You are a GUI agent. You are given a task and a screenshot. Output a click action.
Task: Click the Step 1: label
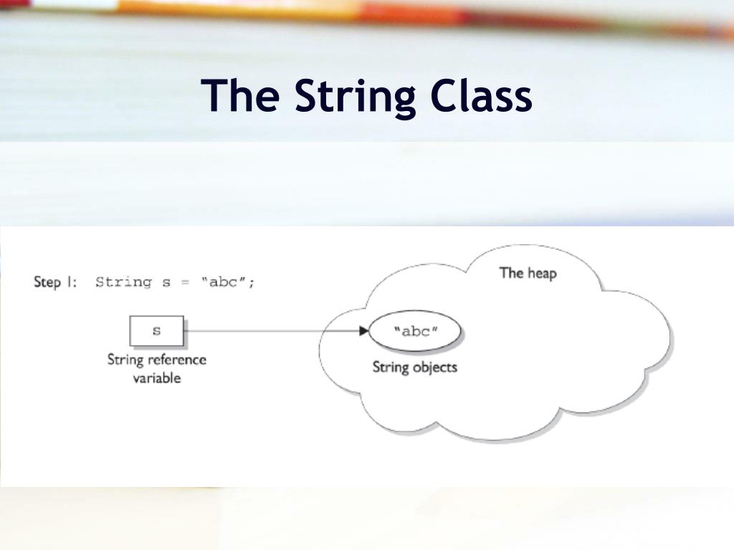[x=55, y=281]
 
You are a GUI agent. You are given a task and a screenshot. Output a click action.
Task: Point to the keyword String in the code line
[x=123, y=281]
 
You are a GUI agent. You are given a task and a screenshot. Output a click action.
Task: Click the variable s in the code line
[x=166, y=282]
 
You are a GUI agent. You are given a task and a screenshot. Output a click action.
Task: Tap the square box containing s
[x=156, y=331]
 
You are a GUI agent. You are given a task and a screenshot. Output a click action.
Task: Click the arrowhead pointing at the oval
[x=362, y=331]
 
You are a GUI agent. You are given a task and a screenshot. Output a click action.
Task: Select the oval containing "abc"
[x=415, y=332]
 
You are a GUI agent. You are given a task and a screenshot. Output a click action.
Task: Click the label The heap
[x=528, y=272]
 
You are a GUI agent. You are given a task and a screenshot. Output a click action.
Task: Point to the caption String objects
[x=414, y=367]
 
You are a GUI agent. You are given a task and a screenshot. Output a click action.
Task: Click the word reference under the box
[x=177, y=360]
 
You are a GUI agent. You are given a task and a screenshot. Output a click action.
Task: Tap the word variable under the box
[x=156, y=377]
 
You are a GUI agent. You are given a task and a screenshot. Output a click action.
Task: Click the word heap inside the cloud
[x=542, y=272]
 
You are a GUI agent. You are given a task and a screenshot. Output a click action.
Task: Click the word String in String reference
[x=125, y=360]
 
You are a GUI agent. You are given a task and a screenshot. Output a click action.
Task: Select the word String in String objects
[x=391, y=367]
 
